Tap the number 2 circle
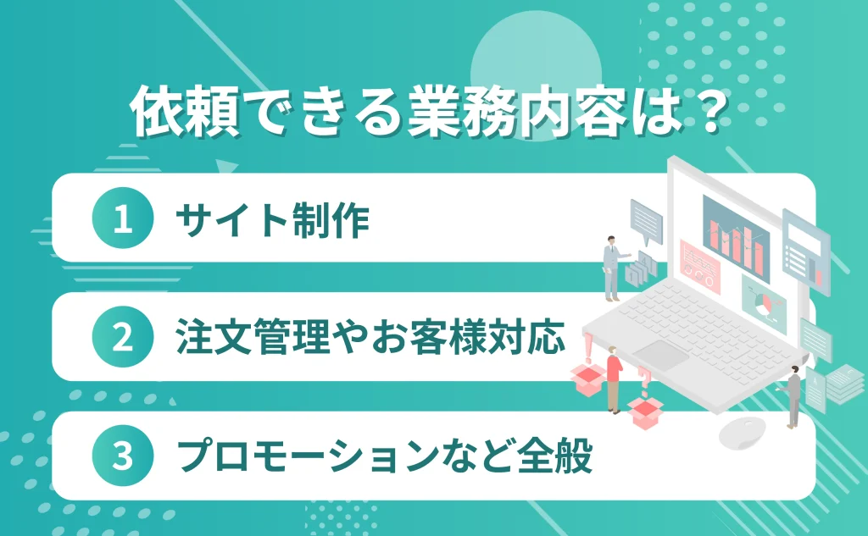122,337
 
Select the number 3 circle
122,456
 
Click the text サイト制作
272,219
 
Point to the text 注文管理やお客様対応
370,338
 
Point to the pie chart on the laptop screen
760,298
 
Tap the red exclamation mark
587,347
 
